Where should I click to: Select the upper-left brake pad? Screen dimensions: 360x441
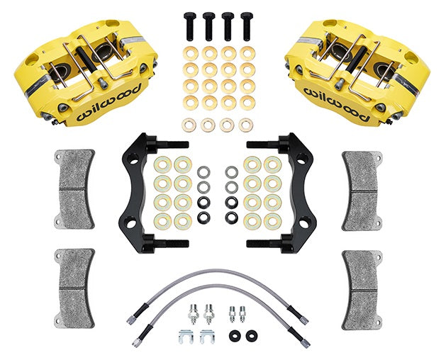76,189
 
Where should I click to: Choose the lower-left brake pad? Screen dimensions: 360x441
76,288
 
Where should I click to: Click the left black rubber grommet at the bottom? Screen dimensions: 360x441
235,334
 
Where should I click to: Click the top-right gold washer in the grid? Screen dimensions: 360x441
247,53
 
